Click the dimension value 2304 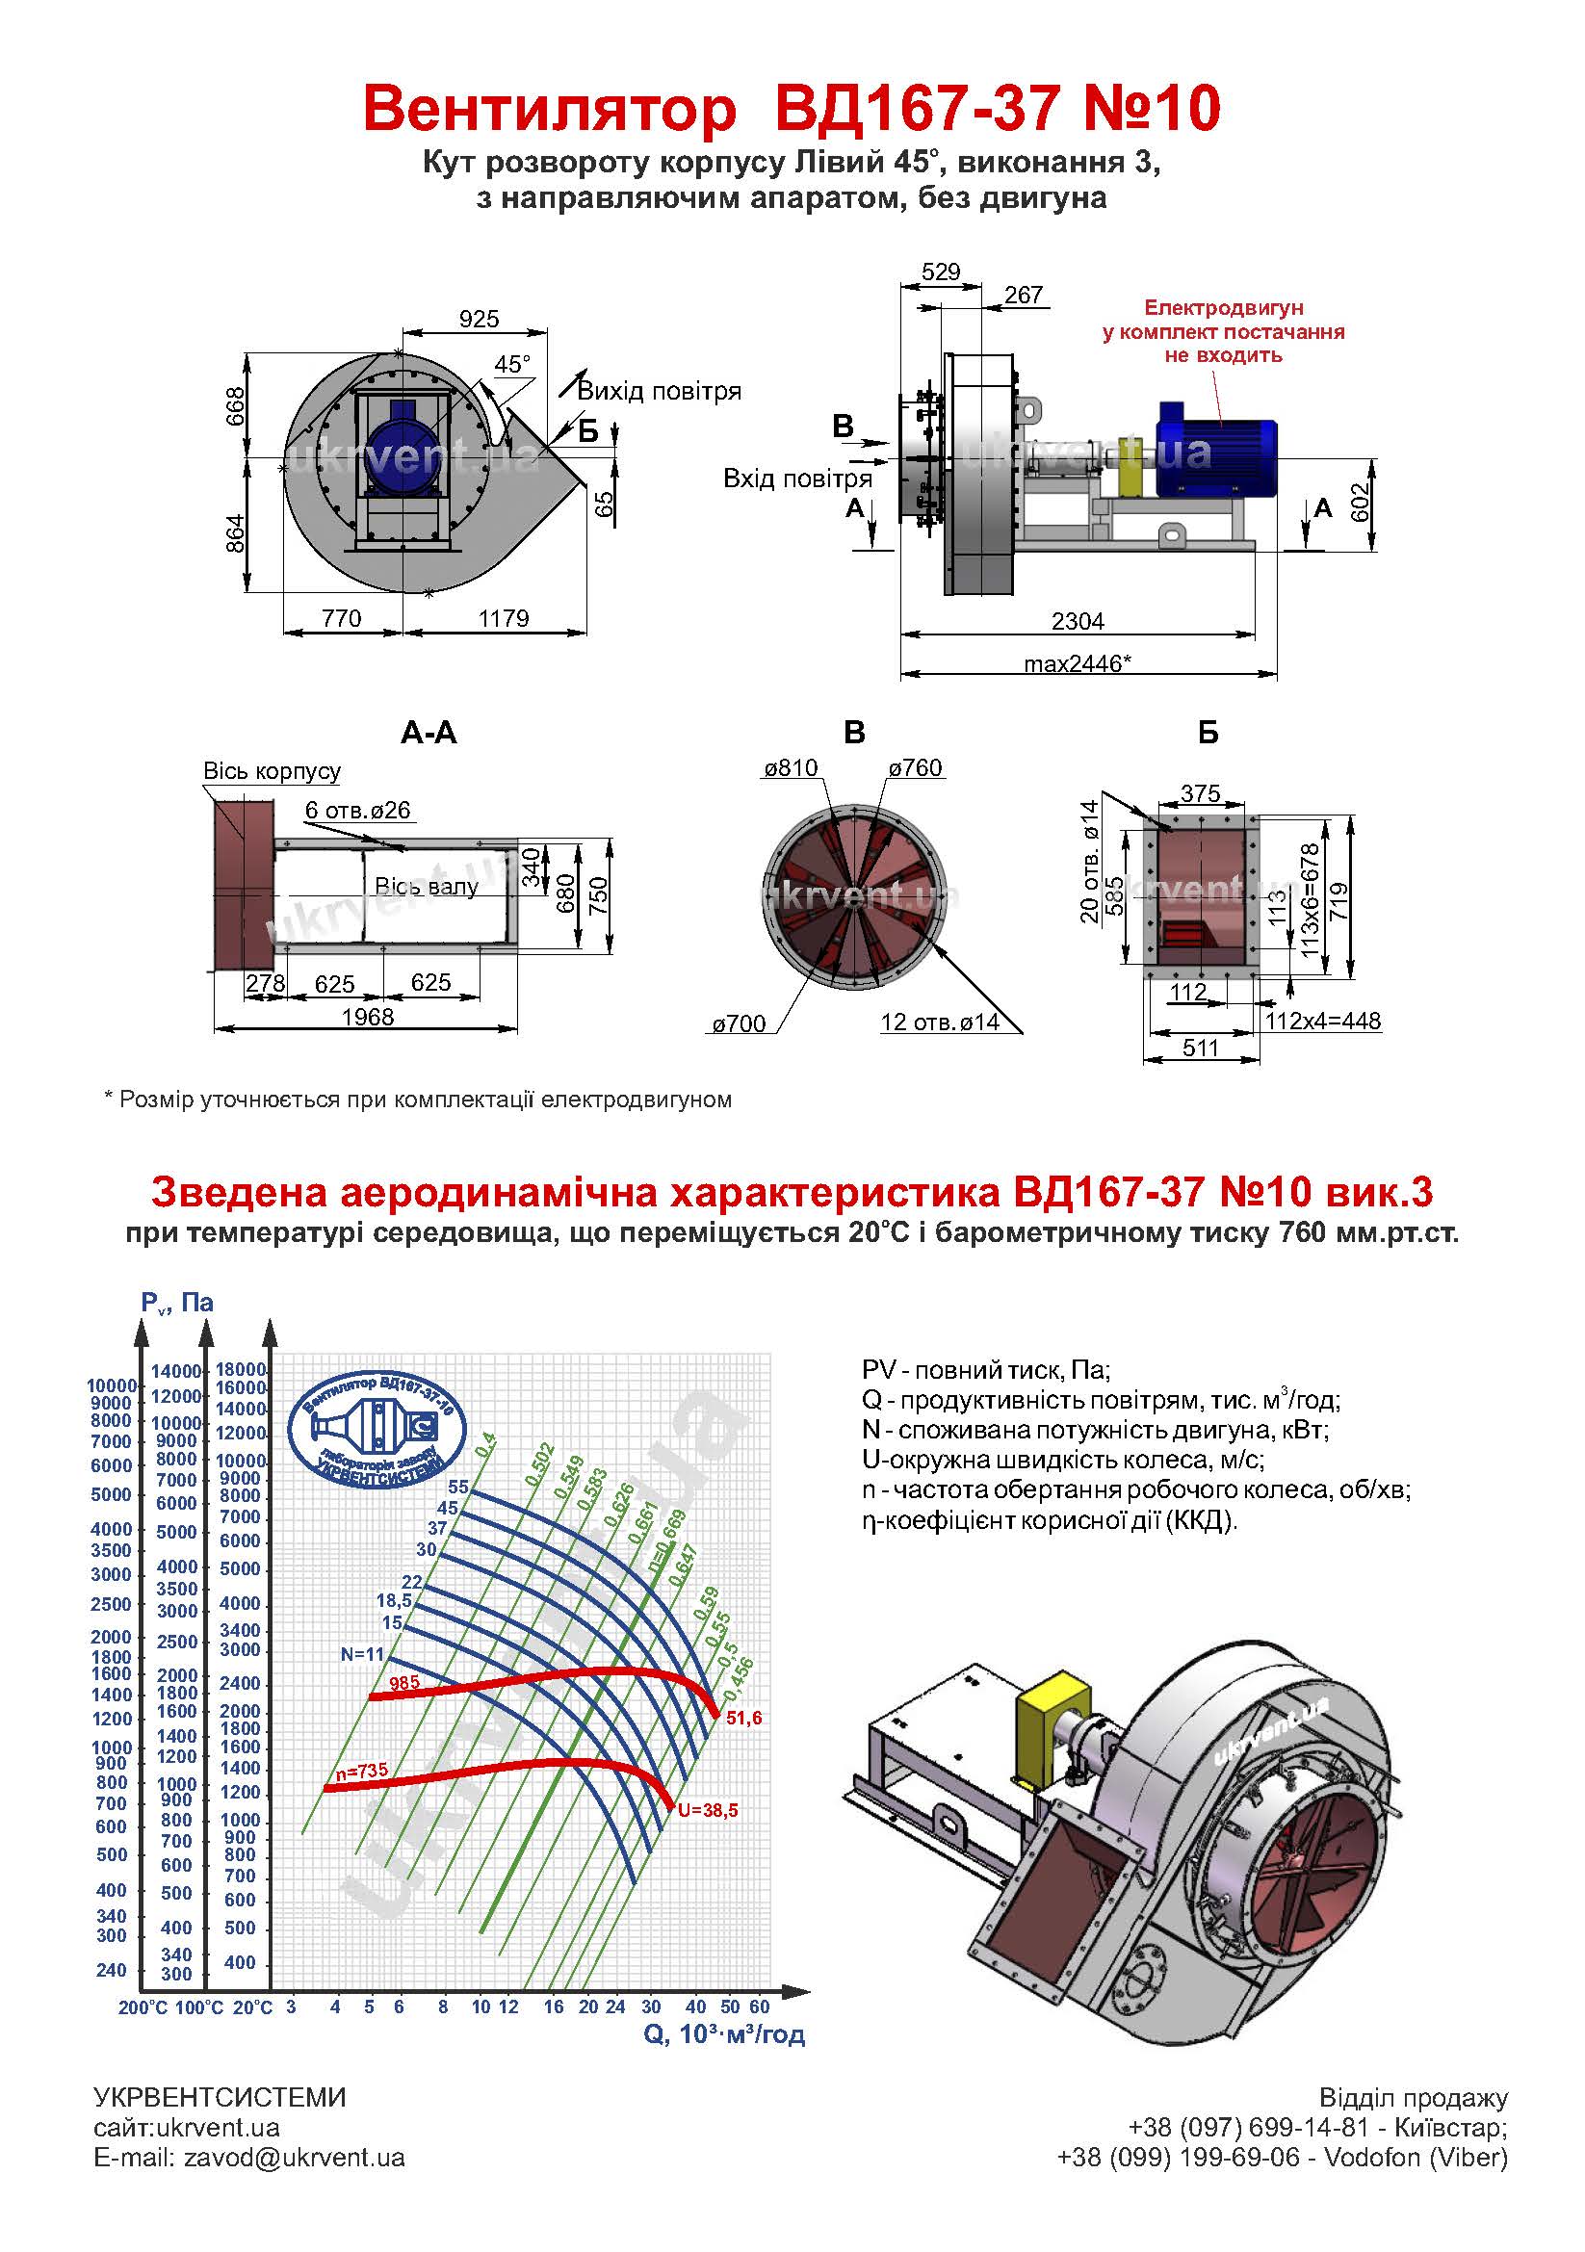1077,621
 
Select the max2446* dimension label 1077,664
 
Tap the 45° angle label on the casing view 512,365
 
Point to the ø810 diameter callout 791,768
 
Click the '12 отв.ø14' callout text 940,1022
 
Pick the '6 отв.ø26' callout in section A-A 357,810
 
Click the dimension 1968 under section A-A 367,1017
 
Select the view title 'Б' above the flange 1208,733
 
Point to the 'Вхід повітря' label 797,479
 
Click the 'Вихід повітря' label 659,391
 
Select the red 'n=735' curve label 361,1772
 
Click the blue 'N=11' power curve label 363,1654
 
